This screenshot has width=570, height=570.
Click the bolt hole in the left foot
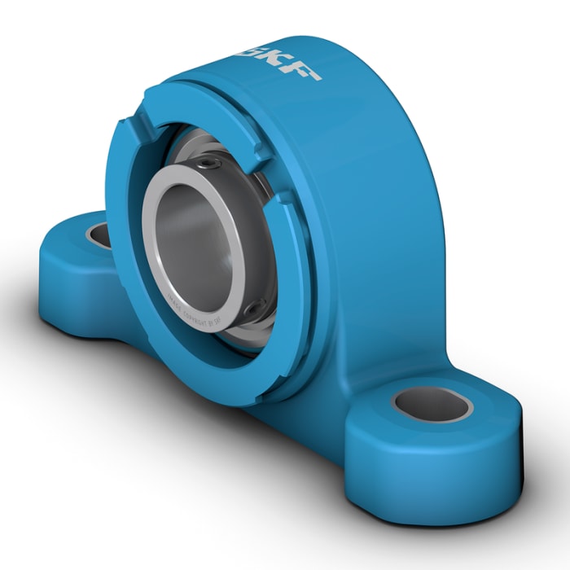click(99, 235)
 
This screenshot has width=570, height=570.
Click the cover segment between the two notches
click(195, 106)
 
